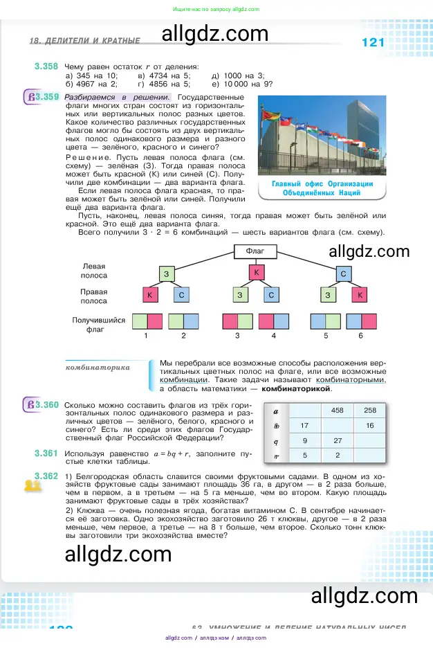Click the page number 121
point(373,43)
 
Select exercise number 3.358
point(46,66)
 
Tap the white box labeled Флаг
point(255,251)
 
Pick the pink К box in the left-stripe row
point(256,272)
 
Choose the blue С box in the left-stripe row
point(342,274)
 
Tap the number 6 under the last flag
point(360,336)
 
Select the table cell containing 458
point(338,411)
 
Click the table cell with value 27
point(338,440)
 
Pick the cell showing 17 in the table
point(304,425)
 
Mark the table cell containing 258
point(370,411)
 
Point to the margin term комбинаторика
point(98,368)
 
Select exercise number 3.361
point(46,453)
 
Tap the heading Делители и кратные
point(84,42)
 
